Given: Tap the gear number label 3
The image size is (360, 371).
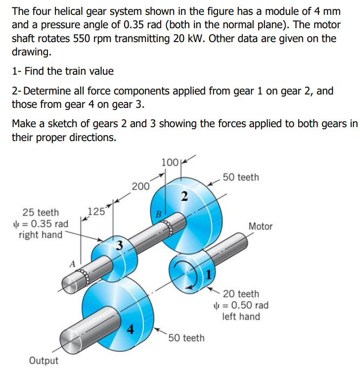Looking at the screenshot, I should [119, 244].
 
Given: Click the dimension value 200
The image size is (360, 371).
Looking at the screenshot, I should [141, 186].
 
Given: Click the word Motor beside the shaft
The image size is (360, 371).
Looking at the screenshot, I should [260, 226].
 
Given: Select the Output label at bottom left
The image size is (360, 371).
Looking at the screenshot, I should [44, 360].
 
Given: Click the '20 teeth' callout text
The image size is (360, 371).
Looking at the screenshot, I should [241, 294].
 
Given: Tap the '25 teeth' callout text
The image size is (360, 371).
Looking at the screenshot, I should [41, 213].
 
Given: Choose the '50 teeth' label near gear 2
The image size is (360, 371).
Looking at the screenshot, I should [240, 177].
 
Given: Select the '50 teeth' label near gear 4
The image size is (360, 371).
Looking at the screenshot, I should [186, 338].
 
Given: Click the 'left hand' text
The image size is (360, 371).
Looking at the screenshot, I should [241, 317].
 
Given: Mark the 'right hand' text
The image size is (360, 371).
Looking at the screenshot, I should [41, 234].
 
